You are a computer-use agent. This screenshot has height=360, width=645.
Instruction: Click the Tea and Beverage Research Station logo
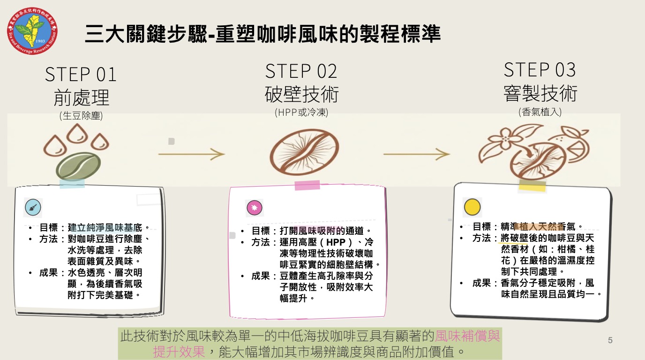coord(32,31)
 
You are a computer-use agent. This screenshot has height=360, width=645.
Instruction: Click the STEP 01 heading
coord(81,75)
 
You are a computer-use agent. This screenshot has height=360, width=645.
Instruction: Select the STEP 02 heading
coord(301,71)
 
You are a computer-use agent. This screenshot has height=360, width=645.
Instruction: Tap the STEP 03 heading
coord(540,70)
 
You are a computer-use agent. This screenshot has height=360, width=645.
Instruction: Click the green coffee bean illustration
coord(78,166)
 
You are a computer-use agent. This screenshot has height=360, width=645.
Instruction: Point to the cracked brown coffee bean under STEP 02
coord(304,152)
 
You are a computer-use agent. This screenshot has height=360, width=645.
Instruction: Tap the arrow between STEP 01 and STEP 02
coord(191,154)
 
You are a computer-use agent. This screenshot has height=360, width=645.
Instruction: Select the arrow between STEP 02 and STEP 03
coord(417,154)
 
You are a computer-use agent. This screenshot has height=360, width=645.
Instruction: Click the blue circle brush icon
coord(33,207)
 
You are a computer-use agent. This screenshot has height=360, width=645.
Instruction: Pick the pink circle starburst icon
coord(255,208)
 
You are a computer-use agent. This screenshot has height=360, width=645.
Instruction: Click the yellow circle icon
coord(472,207)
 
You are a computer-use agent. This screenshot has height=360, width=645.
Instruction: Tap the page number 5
coord(610,340)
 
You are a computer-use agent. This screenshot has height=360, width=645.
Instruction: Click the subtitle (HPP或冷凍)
coord(301,112)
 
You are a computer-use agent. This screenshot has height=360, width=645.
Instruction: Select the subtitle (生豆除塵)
coord(81,116)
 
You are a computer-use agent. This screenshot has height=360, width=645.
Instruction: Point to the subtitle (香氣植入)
coord(540,112)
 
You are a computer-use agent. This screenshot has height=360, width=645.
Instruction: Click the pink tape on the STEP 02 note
coord(307,186)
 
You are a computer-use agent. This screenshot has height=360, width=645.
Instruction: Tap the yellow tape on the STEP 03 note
coord(532,186)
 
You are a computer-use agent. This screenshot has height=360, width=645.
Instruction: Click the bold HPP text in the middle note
coord(336,242)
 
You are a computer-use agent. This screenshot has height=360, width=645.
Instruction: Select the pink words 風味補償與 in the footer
coord(467,336)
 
